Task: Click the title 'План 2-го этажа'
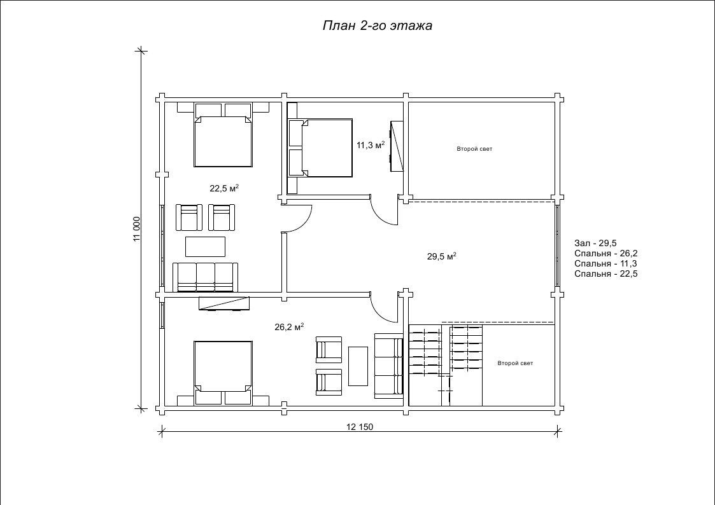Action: click(x=377, y=25)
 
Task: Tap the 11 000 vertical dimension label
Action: click(x=137, y=229)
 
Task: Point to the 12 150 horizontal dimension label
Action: click(x=360, y=427)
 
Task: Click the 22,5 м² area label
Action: click(x=224, y=188)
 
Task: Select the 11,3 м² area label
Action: click(x=371, y=145)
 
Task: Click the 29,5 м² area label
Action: click(x=442, y=256)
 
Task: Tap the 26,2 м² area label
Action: click(x=289, y=326)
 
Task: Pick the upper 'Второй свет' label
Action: click(x=474, y=149)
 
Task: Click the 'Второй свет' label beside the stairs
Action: click(x=515, y=363)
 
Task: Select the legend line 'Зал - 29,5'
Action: click(x=595, y=243)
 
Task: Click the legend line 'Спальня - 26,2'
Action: click(x=606, y=253)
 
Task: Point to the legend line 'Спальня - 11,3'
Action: click(x=605, y=263)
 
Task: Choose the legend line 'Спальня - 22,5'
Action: click(x=606, y=273)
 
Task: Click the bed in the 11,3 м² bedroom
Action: click(x=320, y=148)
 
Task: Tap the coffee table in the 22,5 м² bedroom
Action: click(x=205, y=246)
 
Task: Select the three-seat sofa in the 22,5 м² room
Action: click(x=205, y=277)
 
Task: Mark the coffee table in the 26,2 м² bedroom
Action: click(x=358, y=366)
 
